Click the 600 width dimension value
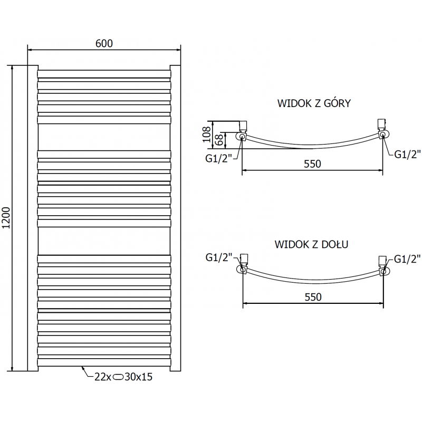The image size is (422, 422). [104, 43]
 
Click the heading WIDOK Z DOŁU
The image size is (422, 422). [310, 244]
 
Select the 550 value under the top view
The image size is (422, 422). [312, 164]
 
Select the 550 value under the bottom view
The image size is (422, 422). [312, 297]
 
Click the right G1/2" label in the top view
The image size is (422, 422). [407, 154]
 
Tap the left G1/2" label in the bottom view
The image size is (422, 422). [218, 257]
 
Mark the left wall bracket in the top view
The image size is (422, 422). [243, 126]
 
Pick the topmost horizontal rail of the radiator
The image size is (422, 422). [104, 73]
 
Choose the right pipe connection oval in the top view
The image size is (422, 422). [385, 135]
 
